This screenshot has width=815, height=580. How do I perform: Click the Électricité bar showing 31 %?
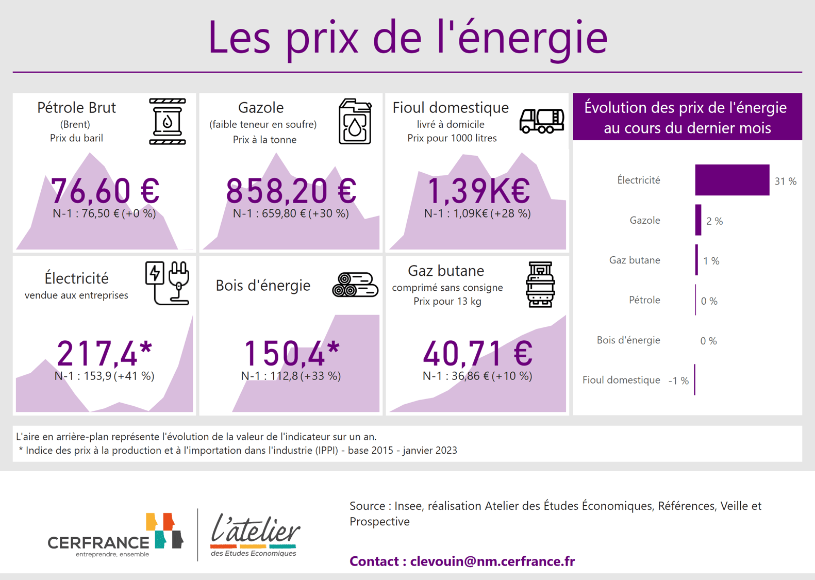[731, 180]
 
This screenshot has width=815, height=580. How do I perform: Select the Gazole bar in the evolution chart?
[698, 220]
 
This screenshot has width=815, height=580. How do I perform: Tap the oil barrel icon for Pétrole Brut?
[167, 122]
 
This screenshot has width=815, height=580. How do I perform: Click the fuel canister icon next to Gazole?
[355, 122]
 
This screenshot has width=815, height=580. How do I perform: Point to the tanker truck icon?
[541, 121]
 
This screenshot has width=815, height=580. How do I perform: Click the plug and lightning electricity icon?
[167, 283]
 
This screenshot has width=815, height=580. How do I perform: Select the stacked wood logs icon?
[355, 285]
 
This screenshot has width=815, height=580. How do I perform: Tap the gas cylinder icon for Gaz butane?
[540, 285]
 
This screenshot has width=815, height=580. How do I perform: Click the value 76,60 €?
[105, 191]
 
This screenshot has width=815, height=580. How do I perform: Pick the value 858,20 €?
[291, 191]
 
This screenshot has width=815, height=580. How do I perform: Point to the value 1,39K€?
[478, 191]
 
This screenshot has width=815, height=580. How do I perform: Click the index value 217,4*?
[105, 354]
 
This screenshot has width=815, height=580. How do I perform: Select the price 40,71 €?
[478, 354]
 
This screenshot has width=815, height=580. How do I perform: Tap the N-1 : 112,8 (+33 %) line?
[291, 376]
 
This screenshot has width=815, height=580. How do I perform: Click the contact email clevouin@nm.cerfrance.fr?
[492, 561]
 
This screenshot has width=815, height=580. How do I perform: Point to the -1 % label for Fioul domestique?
[678, 381]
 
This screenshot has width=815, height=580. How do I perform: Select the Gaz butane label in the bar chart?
[634, 260]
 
